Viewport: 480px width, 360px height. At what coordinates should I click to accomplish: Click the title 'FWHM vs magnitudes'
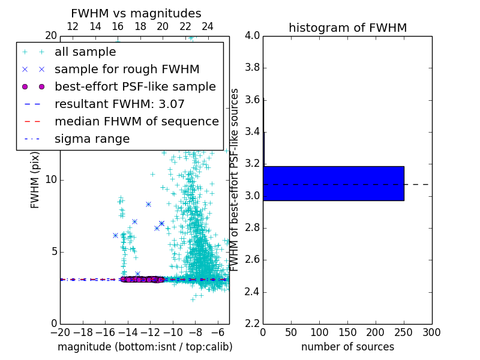pyautogui.click(x=136, y=14)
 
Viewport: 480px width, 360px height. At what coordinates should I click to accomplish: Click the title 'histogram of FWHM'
pyautogui.click(x=347, y=28)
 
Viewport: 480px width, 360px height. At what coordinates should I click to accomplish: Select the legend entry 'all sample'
pyautogui.click(x=85, y=52)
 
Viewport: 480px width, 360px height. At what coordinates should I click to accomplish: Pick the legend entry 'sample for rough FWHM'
pyautogui.click(x=127, y=69)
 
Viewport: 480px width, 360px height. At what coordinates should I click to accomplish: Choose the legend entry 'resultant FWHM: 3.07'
pyautogui.click(x=119, y=104)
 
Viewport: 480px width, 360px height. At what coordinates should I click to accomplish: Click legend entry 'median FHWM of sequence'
pyautogui.click(x=137, y=121)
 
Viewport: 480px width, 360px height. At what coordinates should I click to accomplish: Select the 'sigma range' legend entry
pyautogui.click(x=92, y=139)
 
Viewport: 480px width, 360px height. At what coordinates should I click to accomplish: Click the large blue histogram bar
pyautogui.click(x=334, y=183)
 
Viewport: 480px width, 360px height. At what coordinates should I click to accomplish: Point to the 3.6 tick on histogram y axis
pyautogui.click(x=252, y=100)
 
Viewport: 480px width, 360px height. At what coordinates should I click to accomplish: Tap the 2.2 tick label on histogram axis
pyautogui.click(x=252, y=324)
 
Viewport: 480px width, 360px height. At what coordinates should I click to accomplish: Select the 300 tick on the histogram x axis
pyautogui.click(x=431, y=332)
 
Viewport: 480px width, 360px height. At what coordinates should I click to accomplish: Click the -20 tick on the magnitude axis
pyautogui.click(x=60, y=332)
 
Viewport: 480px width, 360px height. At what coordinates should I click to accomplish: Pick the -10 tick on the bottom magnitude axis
pyautogui.click(x=173, y=332)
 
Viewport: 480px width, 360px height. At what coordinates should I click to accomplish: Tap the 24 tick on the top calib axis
pyautogui.click(x=208, y=26)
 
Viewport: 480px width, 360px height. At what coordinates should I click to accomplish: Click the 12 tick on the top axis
pyautogui.click(x=73, y=26)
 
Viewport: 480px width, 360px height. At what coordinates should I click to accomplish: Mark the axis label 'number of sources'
pyautogui.click(x=347, y=347)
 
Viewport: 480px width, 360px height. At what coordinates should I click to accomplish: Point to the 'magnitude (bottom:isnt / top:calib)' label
pyautogui.click(x=145, y=347)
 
